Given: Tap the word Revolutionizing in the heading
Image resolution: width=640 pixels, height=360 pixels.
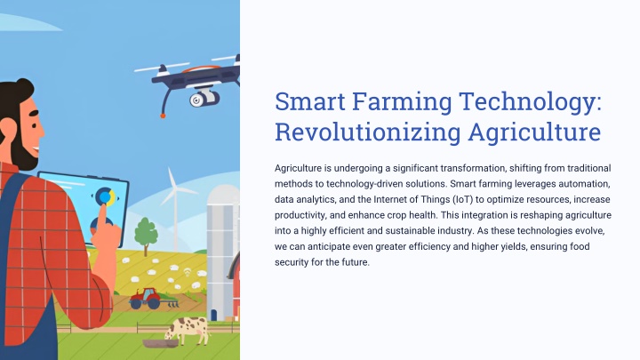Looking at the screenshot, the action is pyautogui.click(x=368, y=132).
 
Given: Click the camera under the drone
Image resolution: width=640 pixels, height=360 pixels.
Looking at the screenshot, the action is pyautogui.click(x=204, y=98).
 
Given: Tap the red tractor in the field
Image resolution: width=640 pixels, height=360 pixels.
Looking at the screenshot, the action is pyautogui.click(x=148, y=299).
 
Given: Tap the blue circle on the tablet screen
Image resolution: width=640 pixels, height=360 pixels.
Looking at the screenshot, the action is pyautogui.click(x=105, y=197).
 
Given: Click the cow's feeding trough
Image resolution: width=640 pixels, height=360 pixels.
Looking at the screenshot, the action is pyautogui.click(x=160, y=343).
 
